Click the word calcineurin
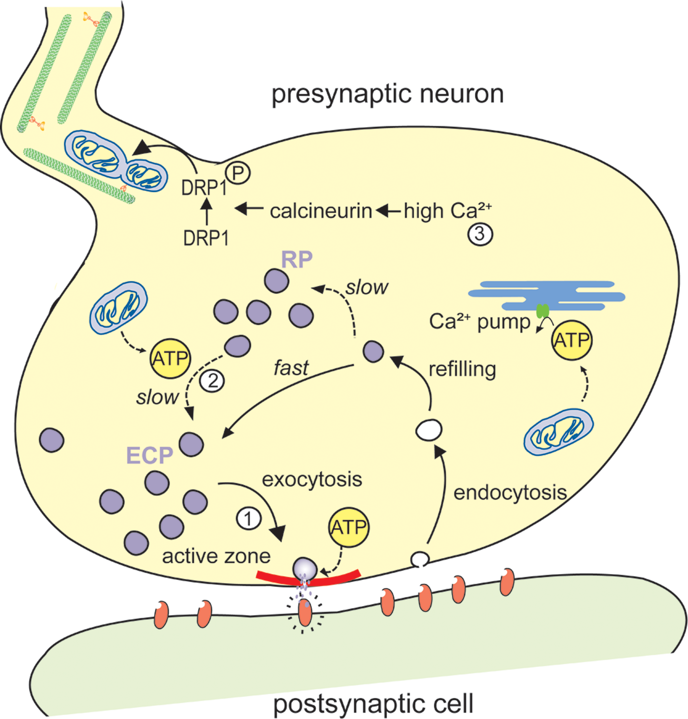321,212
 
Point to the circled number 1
249,519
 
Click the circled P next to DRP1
238,173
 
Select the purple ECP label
149,456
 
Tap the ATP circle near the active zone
348,527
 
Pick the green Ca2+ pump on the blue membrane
543,311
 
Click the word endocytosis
510,493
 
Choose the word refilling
462,369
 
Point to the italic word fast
291,368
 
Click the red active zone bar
308,579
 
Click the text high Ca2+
447,211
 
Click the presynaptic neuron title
387,94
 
